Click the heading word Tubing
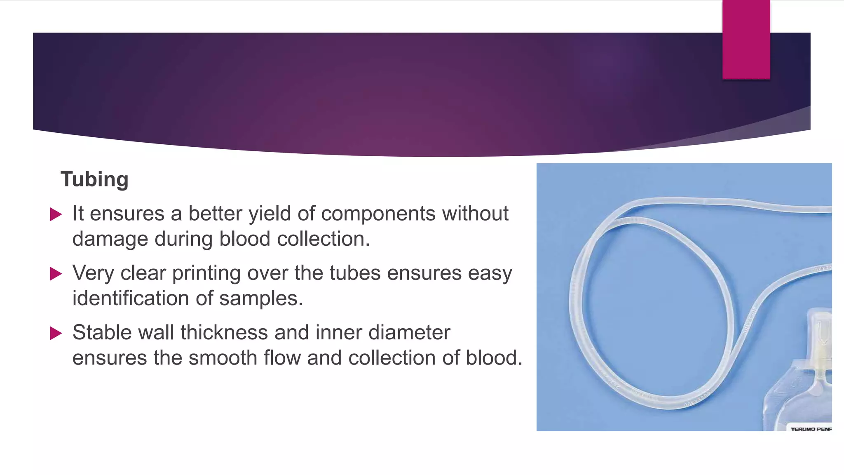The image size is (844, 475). [x=94, y=179]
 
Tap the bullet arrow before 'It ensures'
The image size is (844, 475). [x=56, y=214]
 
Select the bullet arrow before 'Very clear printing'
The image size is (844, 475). [x=56, y=274]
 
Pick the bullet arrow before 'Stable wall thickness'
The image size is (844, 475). [x=56, y=333]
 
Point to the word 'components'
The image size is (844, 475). [x=378, y=214]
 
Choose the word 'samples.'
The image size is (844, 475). [x=261, y=298]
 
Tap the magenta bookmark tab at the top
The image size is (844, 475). [x=746, y=39]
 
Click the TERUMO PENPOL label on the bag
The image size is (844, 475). [x=811, y=429]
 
